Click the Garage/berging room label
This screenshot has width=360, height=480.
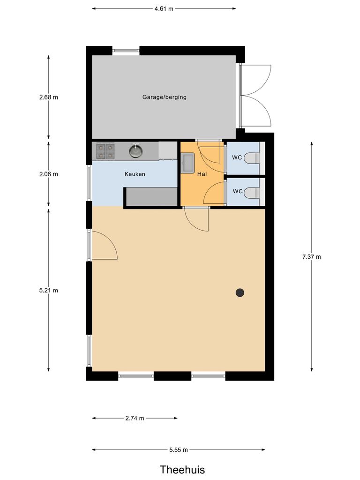(x=164, y=97)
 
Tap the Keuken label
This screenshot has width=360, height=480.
(x=135, y=174)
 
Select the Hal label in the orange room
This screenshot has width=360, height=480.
(x=202, y=174)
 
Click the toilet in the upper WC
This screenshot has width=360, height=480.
(x=252, y=157)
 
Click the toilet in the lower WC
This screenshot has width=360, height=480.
(x=252, y=192)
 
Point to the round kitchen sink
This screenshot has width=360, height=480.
(x=135, y=151)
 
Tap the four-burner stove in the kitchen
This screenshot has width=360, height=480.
(x=105, y=151)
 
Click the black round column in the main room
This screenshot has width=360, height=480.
(x=240, y=292)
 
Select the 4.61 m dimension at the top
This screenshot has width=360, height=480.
(x=164, y=8)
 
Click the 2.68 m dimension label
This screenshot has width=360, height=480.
(x=49, y=97)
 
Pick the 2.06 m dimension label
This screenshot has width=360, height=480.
(x=49, y=174)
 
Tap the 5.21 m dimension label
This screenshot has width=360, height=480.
(x=49, y=290)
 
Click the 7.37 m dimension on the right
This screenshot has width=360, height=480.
(x=312, y=256)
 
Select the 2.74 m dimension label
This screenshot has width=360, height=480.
(x=135, y=418)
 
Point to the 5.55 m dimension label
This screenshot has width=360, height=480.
(x=178, y=450)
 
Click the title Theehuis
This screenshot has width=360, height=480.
(x=182, y=469)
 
